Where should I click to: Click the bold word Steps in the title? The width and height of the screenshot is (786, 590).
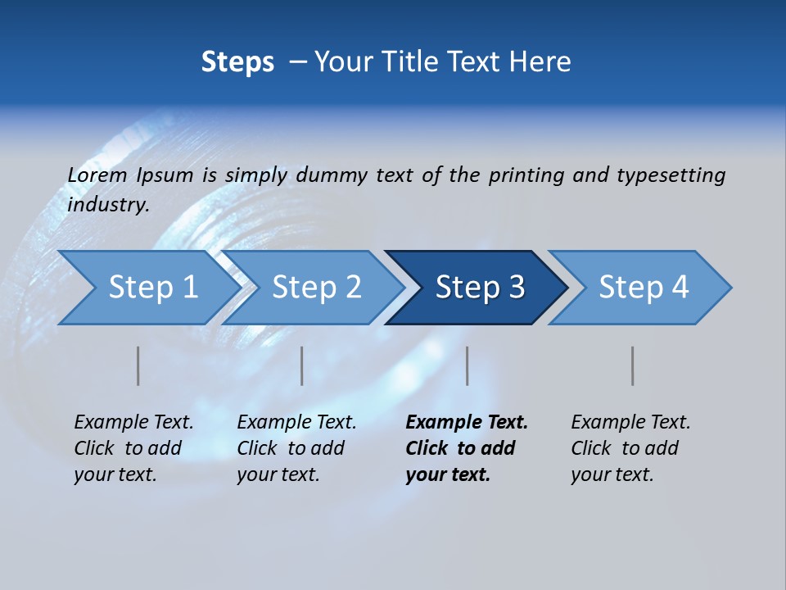[x=237, y=62]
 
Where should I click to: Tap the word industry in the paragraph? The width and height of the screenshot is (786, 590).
[x=107, y=204]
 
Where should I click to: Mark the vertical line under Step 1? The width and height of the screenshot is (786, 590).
[x=138, y=365]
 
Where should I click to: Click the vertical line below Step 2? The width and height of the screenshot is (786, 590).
[x=302, y=365]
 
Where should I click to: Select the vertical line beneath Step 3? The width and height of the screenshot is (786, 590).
[x=468, y=365]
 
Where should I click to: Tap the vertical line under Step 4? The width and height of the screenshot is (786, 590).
[x=633, y=365]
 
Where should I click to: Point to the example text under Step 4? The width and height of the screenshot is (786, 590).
[x=630, y=448]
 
